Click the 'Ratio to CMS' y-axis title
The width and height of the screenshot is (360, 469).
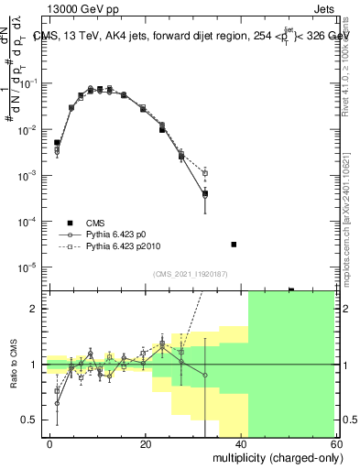pyautogui.click(x=14, y=365)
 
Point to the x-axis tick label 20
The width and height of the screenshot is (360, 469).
pyautogui.click(x=146, y=443)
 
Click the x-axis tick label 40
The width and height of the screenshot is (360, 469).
pyautogui.click(x=242, y=443)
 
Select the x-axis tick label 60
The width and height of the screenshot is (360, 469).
pyautogui.click(x=336, y=443)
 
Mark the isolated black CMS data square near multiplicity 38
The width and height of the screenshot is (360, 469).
pyautogui.click(x=234, y=245)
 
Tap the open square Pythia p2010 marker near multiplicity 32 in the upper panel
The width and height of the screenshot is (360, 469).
pyautogui.click(x=205, y=172)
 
